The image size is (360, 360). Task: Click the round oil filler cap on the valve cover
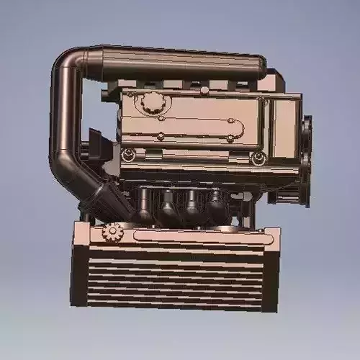(152, 103)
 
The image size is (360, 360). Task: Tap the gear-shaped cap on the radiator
(113, 232)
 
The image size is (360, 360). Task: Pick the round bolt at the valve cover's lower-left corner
(128, 154)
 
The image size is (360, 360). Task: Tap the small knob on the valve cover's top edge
(204, 89)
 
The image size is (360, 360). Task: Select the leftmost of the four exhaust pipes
(144, 204)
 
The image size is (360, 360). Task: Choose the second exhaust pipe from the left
(168, 204)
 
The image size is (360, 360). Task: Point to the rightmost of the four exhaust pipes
(216, 202)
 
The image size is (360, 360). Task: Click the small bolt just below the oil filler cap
(162, 119)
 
